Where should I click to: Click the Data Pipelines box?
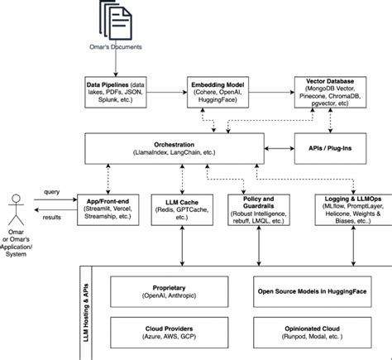[x=116, y=92]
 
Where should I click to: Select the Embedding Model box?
[x=218, y=92]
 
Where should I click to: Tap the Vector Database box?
[x=330, y=92]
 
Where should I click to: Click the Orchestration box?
[x=174, y=148]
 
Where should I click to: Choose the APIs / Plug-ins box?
[x=330, y=148]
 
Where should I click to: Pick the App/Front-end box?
[x=108, y=209]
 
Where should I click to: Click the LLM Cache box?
[x=182, y=209]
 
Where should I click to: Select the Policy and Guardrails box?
[x=259, y=209]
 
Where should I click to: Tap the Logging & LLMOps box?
[x=353, y=209]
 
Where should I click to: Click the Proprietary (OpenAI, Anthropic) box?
[x=170, y=291]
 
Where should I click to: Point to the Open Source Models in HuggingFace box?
[x=313, y=291]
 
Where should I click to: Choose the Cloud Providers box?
[x=170, y=333]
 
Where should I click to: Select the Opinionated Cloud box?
[x=313, y=333]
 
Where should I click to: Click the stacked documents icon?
[x=116, y=20]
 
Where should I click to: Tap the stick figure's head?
[x=16, y=199]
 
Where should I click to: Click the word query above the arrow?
[x=51, y=192]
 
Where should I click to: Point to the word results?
[x=51, y=217]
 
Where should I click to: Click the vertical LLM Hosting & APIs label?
[x=86, y=313]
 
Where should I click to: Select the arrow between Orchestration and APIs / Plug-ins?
[x=280, y=148]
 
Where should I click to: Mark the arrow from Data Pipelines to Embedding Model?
[x=167, y=92]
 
